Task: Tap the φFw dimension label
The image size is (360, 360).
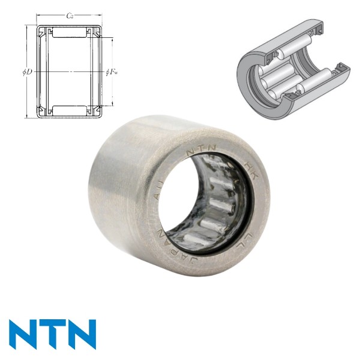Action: coord(112,73)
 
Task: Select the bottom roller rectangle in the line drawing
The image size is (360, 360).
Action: coord(70,110)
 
